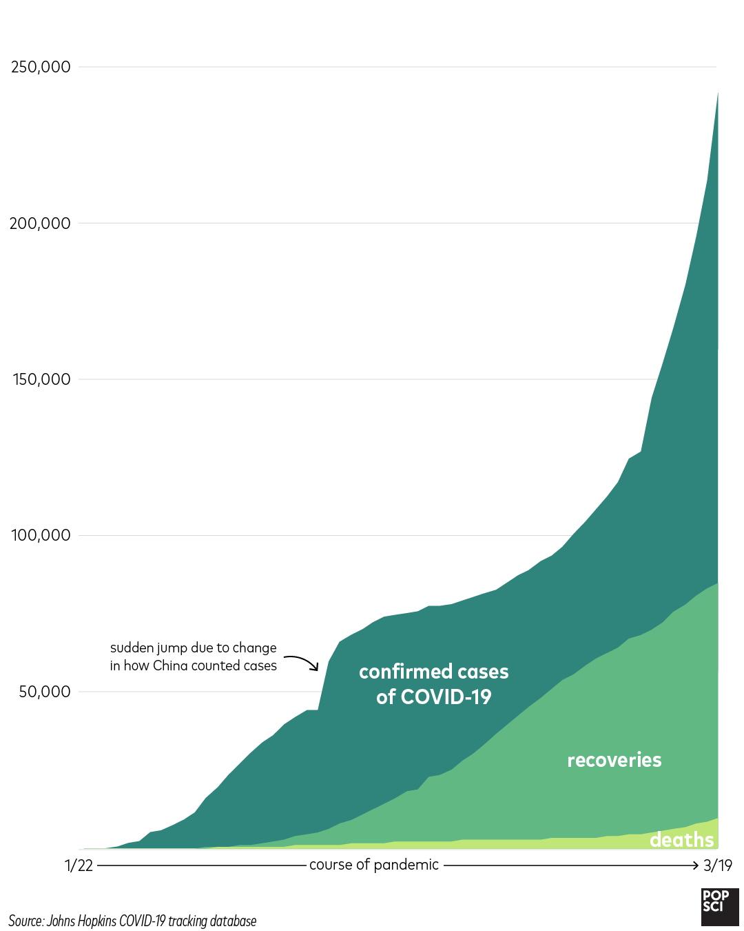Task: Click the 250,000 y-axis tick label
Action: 41,67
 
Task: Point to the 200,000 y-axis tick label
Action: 40,223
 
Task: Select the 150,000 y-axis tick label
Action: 41,379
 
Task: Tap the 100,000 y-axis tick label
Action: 41,535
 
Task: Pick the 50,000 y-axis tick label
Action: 44,692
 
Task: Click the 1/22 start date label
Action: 79,865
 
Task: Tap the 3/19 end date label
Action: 718,865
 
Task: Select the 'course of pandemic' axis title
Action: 373,865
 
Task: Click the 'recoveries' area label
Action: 614,760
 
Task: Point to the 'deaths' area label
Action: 681,839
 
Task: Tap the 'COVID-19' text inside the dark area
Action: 446,697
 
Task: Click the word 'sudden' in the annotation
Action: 132,648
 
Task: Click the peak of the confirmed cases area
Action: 718,92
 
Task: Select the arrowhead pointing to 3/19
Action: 696,865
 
